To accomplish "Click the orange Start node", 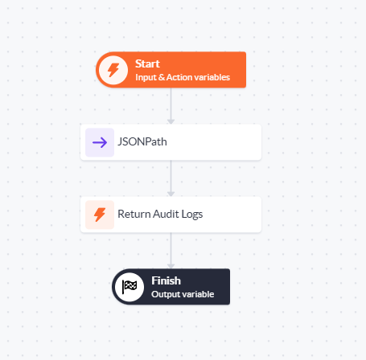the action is tap(171, 70).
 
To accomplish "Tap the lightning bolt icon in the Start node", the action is tap(113, 70).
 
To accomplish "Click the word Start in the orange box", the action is tap(147, 63).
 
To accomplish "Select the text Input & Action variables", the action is tap(183, 77).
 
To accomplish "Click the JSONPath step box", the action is tap(171, 142).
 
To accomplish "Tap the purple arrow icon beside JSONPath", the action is tap(100, 142).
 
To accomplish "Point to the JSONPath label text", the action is tap(142, 141).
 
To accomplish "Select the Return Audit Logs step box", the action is tap(171, 215).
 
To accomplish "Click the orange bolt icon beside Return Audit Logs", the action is tap(100, 215).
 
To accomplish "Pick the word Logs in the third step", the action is tap(192, 215).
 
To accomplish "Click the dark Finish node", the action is tap(171, 287).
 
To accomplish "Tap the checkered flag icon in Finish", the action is tap(130, 287).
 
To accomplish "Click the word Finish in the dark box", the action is tap(166, 280).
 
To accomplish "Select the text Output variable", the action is tap(183, 294).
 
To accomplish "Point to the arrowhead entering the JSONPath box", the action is tap(171, 122).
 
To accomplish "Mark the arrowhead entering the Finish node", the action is tap(171, 266).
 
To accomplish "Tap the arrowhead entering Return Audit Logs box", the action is tap(171, 194).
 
